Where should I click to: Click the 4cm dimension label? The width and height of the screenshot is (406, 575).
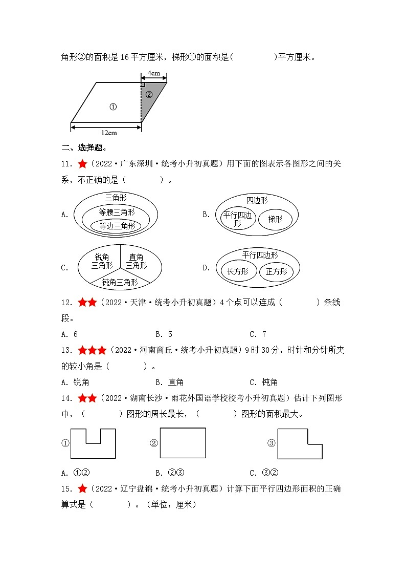(x=153, y=73)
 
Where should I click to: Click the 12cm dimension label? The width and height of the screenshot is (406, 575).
(x=108, y=133)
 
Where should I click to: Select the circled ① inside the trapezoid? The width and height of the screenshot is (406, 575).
(x=113, y=107)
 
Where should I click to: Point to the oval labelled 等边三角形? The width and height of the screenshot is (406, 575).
(x=117, y=225)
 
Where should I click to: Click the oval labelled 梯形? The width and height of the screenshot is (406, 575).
(x=275, y=220)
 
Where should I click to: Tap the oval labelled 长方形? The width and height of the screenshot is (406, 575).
(x=237, y=271)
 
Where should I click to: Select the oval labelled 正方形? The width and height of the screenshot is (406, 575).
(x=276, y=272)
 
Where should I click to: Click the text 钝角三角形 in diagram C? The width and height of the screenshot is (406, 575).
(x=120, y=282)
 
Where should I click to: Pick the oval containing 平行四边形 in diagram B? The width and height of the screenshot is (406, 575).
(x=237, y=220)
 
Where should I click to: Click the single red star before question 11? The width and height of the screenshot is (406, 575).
(x=82, y=164)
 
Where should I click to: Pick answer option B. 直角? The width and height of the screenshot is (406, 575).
(x=169, y=382)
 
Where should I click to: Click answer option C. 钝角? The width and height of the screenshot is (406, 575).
(x=263, y=382)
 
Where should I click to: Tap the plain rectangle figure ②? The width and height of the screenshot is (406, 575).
(x=183, y=443)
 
